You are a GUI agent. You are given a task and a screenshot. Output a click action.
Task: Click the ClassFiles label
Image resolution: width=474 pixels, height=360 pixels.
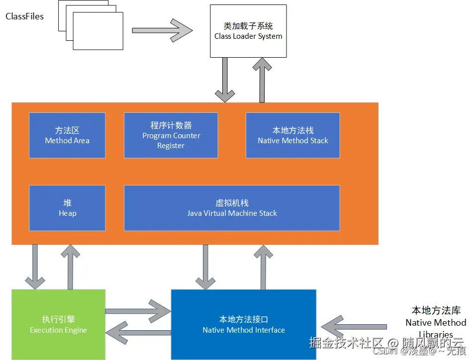click(x=25, y=16)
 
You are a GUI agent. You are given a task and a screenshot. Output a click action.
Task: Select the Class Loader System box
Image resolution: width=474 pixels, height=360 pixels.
click(x=248, y=31)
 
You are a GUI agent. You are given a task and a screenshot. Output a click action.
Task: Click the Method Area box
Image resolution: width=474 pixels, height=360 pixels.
click(x=67, y=135)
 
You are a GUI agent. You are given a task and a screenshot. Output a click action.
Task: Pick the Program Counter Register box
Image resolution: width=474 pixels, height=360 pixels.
click(x=171, y=135)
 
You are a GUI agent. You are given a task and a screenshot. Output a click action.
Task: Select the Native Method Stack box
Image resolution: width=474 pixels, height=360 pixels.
click(x=292, y=135)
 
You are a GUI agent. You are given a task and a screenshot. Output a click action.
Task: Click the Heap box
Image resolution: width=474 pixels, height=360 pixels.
click(x=67, y=208)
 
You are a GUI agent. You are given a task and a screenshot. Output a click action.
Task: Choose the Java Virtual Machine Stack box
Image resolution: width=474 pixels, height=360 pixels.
click(x=232, y=208)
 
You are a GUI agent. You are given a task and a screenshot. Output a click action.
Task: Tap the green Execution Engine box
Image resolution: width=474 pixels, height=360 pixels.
click(x=58, y=324)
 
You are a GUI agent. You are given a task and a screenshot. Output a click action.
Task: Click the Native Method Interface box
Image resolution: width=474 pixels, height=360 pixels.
click(x=244, y=324)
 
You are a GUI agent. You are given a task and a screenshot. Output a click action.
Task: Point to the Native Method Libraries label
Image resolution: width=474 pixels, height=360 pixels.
click(x=436, y=322)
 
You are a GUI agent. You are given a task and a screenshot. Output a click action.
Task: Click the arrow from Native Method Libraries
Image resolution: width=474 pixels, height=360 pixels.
click(x=353, y=327)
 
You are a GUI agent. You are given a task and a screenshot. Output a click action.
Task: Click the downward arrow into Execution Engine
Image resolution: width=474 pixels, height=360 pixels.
click(x=35, y=267)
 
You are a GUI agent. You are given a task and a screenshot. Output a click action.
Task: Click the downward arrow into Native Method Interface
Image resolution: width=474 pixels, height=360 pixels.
click(x=205, y=267)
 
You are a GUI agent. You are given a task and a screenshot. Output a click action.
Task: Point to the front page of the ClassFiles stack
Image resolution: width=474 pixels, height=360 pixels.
click(x=98, y=31)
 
